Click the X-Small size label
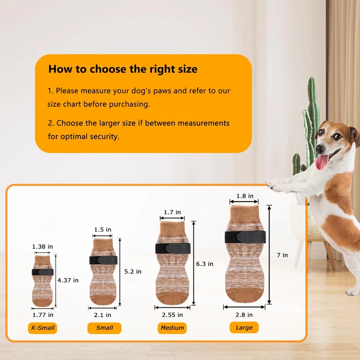click(42, 328)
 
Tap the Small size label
click(104, 328)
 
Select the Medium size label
click(172, 328)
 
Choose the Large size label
click(244, 328)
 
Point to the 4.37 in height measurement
click(68, 280)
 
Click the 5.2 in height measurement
click(133, 272)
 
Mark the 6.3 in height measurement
click(205, 264)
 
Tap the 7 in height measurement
click(282, 255)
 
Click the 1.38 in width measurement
click(42, 247)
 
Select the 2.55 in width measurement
click(172, 315)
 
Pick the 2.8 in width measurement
click(244, 315)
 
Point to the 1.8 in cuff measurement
click(245, 196)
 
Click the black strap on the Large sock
click(245, 237)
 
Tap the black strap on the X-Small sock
click(43, 272)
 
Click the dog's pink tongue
click(322, 162)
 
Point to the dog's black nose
click(319, 149)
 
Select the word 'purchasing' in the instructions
click(129, 104)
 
